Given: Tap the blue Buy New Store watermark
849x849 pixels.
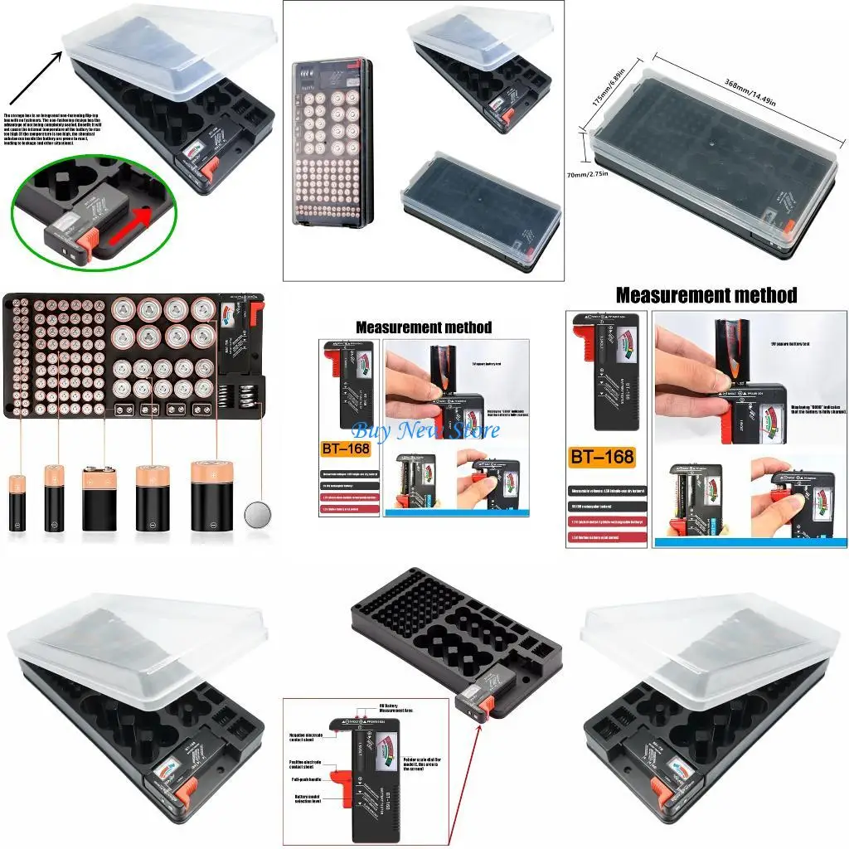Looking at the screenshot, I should pos(426,431).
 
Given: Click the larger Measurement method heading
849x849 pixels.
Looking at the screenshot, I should pos(706,295).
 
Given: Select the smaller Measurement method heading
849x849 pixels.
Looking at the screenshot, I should pos(424,327).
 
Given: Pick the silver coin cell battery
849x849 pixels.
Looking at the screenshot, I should pos(258,513).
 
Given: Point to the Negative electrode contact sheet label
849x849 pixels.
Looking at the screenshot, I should pos(305,736).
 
